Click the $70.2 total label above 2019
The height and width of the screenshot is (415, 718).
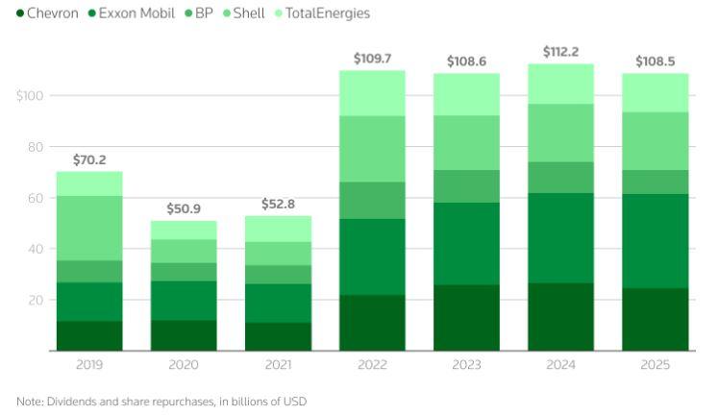click(89, 160)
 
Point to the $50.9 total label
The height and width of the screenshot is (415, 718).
click(184, 208)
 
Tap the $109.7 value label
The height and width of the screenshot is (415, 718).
click(372, 60)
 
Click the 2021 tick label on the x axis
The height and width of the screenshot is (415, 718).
click(278, 366)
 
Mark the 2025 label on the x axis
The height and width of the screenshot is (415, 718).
click(655, 366)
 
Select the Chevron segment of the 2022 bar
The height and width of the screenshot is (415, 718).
click(372, 323)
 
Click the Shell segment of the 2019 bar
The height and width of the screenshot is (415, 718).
click(89, 228)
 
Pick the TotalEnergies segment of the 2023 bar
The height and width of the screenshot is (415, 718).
click(466, 94)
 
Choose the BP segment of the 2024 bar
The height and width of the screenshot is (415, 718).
click(560, 178)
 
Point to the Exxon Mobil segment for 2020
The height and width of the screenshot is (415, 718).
click(184, 300)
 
